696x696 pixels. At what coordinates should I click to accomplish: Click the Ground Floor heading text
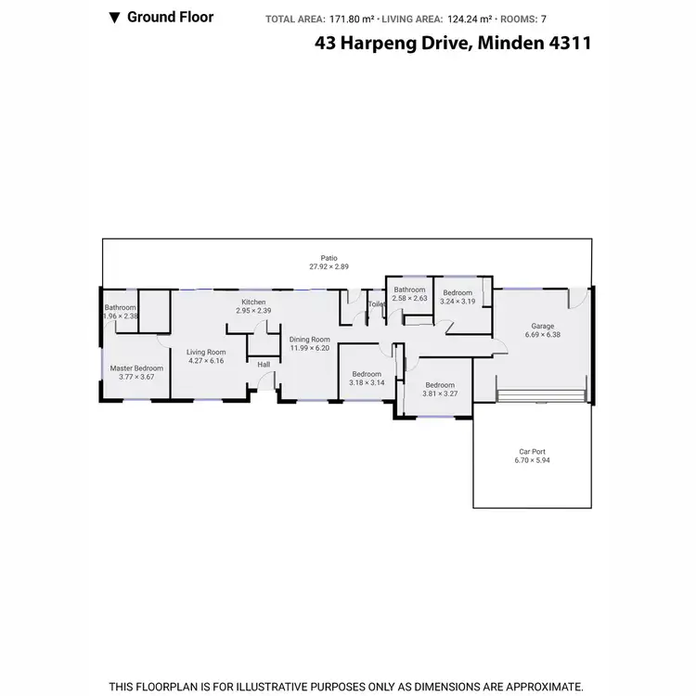(x=170, y=17)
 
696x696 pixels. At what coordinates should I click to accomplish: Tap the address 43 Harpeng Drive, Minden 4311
(x=455, y=43)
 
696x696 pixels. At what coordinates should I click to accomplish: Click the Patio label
(x=329, y=258)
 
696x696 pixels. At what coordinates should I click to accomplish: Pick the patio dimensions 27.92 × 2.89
(x=329, y=266)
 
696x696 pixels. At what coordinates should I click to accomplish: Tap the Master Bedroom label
(x=136, y=368)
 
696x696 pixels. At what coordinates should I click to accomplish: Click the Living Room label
(x=206, y=352)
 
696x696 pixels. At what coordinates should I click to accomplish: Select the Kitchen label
(x=253, y=303)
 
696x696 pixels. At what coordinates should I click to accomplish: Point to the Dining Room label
(x=309, y=340)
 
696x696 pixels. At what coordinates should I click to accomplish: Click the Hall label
(x=264, y=365)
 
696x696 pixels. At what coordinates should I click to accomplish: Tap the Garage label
(x=542, y=326)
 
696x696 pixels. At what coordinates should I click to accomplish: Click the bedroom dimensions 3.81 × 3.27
(x=440, y=393)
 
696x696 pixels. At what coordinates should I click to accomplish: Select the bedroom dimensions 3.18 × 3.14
(x=366, y=382)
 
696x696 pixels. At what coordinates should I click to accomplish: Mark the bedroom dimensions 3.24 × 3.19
(x=458, y=301)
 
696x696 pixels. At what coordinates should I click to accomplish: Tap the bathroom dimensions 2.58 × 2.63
(x=409, y=298)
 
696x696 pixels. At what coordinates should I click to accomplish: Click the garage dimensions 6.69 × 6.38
(x=542, y=334)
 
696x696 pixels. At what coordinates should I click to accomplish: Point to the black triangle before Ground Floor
(x=114, y=17)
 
